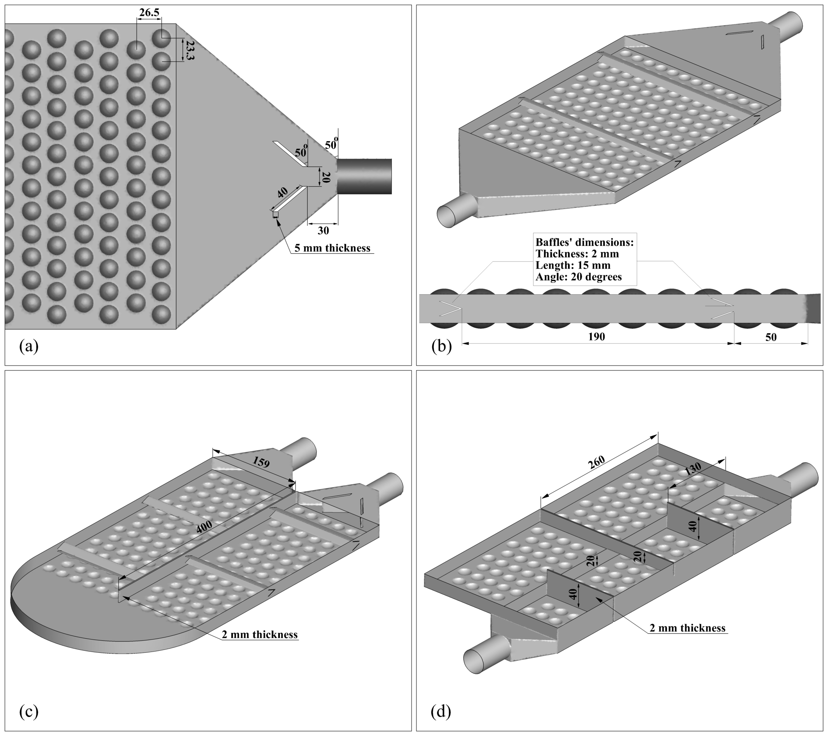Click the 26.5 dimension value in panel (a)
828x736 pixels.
pos(149,13)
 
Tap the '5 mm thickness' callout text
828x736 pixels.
pos(332,248)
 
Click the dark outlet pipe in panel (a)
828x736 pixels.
pos(364,176)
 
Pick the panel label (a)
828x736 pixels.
pos(29,346)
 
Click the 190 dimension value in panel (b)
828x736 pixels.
pos(597,337)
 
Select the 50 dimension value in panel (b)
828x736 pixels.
pos(771,337)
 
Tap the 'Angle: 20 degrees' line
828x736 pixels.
pos(579,277)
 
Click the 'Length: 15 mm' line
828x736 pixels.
pos(573,265)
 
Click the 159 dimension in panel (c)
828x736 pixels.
pos(261,462)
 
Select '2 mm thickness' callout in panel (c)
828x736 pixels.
pos(260,635)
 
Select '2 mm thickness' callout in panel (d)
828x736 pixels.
pos(687,628)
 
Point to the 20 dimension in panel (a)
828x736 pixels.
pos(325,178)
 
